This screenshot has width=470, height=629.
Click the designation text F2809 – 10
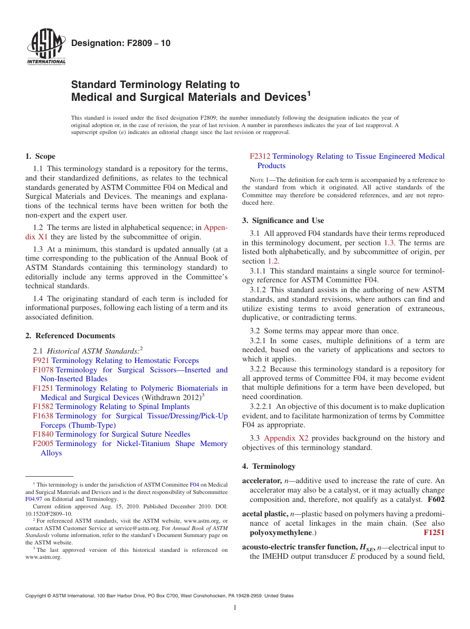(x=121, y=43)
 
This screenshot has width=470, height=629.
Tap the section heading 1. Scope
(x=40, y=156)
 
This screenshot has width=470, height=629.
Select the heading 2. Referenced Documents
(x=70, y=336)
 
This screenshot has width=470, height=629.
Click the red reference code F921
(x=41, y=360)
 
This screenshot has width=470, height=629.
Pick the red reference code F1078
(x=43, y=370)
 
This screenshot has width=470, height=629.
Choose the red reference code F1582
(x=43, y=406)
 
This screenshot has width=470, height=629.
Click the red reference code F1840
(x=43, y=434)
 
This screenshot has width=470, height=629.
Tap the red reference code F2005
(x=43, y=444)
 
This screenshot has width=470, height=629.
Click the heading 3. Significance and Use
(x=283, y=221)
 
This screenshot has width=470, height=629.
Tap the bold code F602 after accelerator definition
(x=436, y=499)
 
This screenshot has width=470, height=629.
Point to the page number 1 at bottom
(x=235, y=608)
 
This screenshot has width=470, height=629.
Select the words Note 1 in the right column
(x=255, y=180)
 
